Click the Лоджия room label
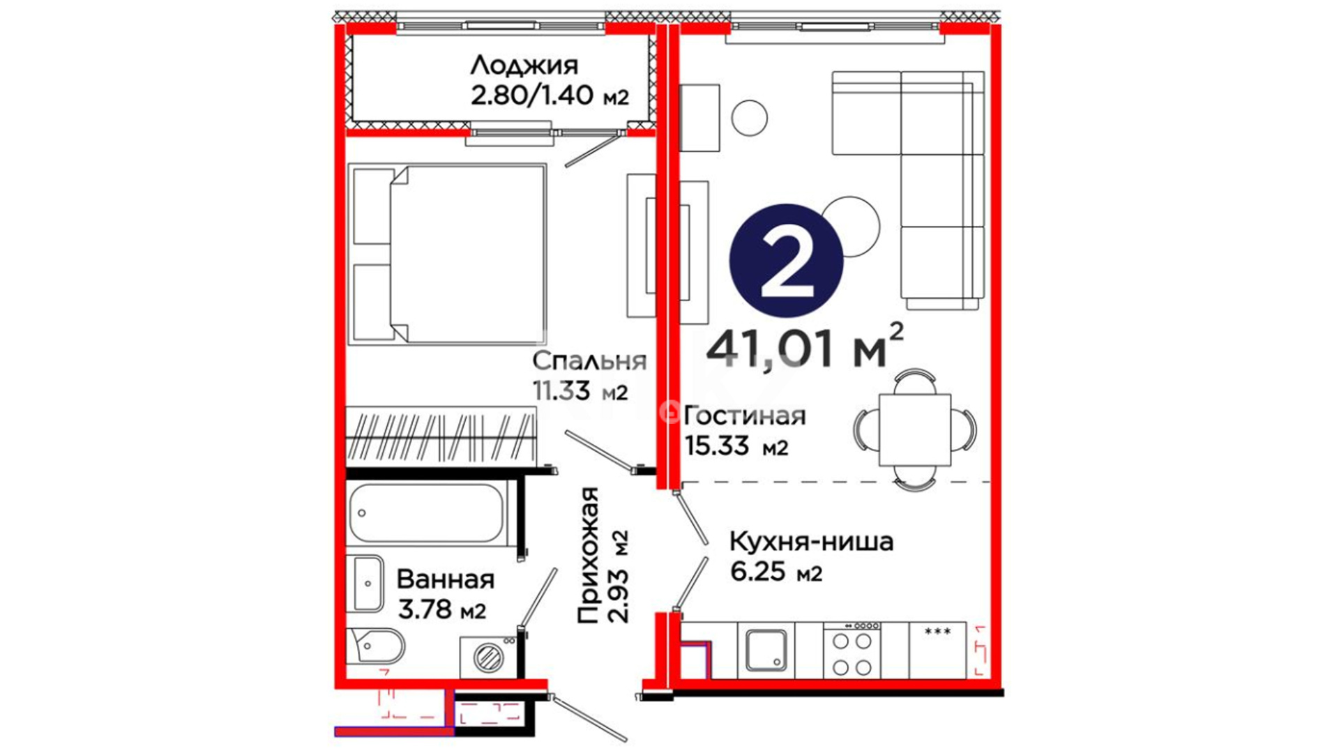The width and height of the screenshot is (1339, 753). (524, 65)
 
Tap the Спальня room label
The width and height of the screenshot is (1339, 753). (589, 360)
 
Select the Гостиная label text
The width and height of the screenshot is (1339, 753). (745, 416)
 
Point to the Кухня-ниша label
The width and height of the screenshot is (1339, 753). (811, 541)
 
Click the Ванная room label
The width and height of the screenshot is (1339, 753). (446, 579)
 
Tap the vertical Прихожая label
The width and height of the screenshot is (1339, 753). (588, 555)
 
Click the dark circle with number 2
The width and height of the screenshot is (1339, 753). (787, 261)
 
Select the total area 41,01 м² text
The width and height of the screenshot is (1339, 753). (805, 347)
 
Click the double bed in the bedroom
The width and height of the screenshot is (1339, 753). (447, 254)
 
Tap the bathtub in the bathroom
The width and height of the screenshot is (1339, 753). (426, 513)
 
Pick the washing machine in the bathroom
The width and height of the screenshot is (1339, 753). (487, 657)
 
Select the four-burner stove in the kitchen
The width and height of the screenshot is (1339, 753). (852, 651)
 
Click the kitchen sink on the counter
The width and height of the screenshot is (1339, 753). (766, 650)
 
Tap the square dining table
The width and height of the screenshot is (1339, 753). (915, 429)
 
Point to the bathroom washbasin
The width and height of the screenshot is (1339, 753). (365, 584)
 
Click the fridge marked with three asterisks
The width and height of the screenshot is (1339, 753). (938, 651)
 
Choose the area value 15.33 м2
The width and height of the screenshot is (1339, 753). (736, 445)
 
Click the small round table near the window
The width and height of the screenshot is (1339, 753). (750, 118)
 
